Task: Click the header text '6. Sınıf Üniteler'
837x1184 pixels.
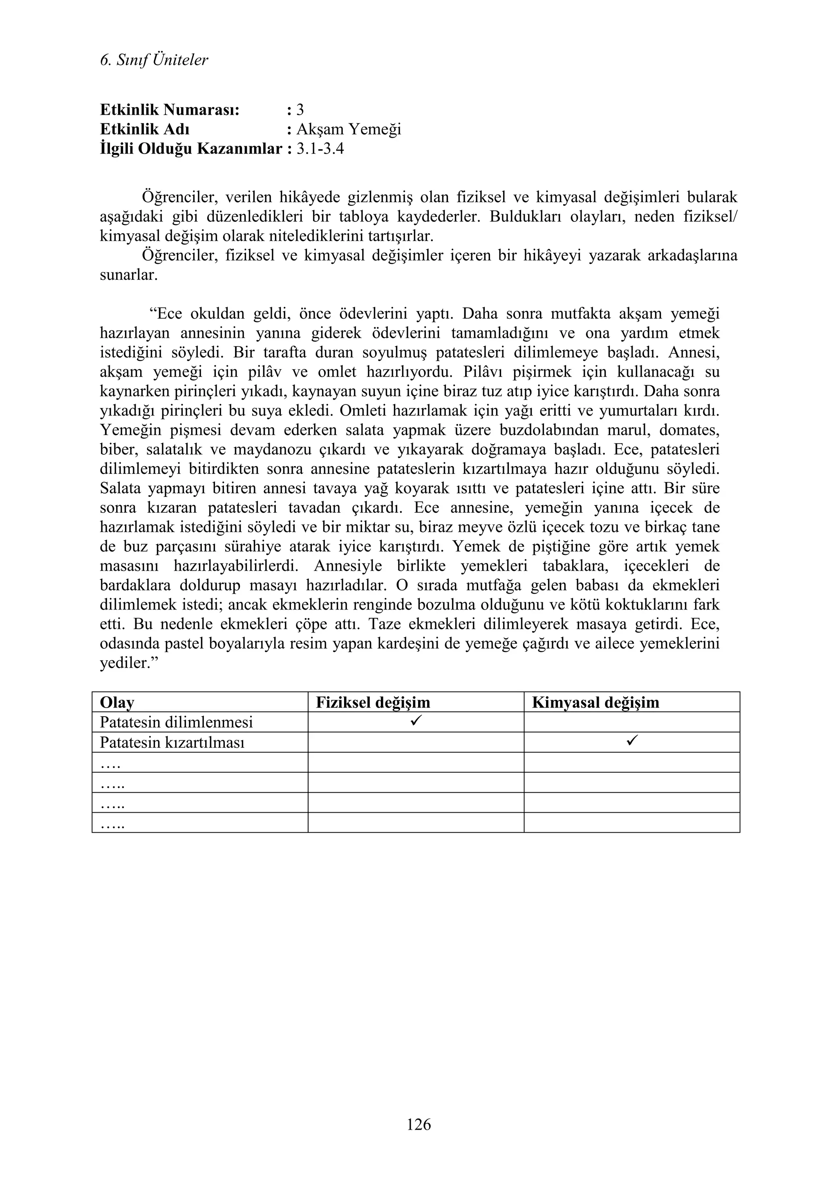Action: tap(154, 60)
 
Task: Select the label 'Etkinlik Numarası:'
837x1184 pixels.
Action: tap(170, 110)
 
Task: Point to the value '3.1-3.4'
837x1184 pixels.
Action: tap(320, 149)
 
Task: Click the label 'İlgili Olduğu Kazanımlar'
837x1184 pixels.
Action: tap(191, 149)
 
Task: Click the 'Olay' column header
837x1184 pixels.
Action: tap(117, 702)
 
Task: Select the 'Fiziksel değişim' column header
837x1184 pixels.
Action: tap(373, 702)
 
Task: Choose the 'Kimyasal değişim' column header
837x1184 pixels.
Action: tap(595, 702)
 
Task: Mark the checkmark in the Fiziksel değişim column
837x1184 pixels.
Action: tap(416, 721)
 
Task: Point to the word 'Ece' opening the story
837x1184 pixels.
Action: tap(170, 313)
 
